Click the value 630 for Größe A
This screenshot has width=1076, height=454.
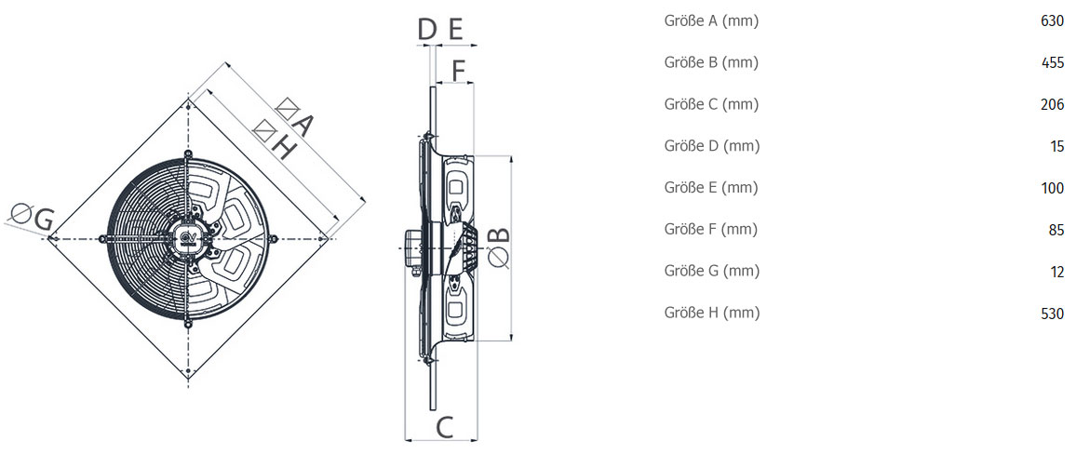tap(1052, 22)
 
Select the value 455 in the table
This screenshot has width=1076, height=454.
tap(1052, 63)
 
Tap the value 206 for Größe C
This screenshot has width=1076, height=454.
tap(1052, 105)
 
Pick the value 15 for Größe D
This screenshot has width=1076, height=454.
tap(1057, 146)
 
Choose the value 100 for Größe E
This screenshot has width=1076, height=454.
tap(1052, 188)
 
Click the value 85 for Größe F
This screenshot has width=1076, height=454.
tap(1056, 230)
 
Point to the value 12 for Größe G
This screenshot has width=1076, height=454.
tap(1057, 272)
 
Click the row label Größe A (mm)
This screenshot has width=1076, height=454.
tap(712, 21)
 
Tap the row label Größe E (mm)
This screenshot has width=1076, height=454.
tap(711, 187)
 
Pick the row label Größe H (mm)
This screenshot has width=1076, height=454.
tap(712, 313)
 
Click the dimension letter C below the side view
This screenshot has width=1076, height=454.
tap(445, 427)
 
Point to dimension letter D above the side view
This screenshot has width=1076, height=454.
tap(427, 30)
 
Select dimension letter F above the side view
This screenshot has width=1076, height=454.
tap(459, 70)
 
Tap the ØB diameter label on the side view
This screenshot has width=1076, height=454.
tap(501, 247)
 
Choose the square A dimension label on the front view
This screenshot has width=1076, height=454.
tap(295, 116)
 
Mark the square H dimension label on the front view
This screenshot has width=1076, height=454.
tap(273, 140)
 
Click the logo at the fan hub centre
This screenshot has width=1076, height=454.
tap(188, 237)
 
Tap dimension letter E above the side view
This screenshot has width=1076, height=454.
tap(456, 30)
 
